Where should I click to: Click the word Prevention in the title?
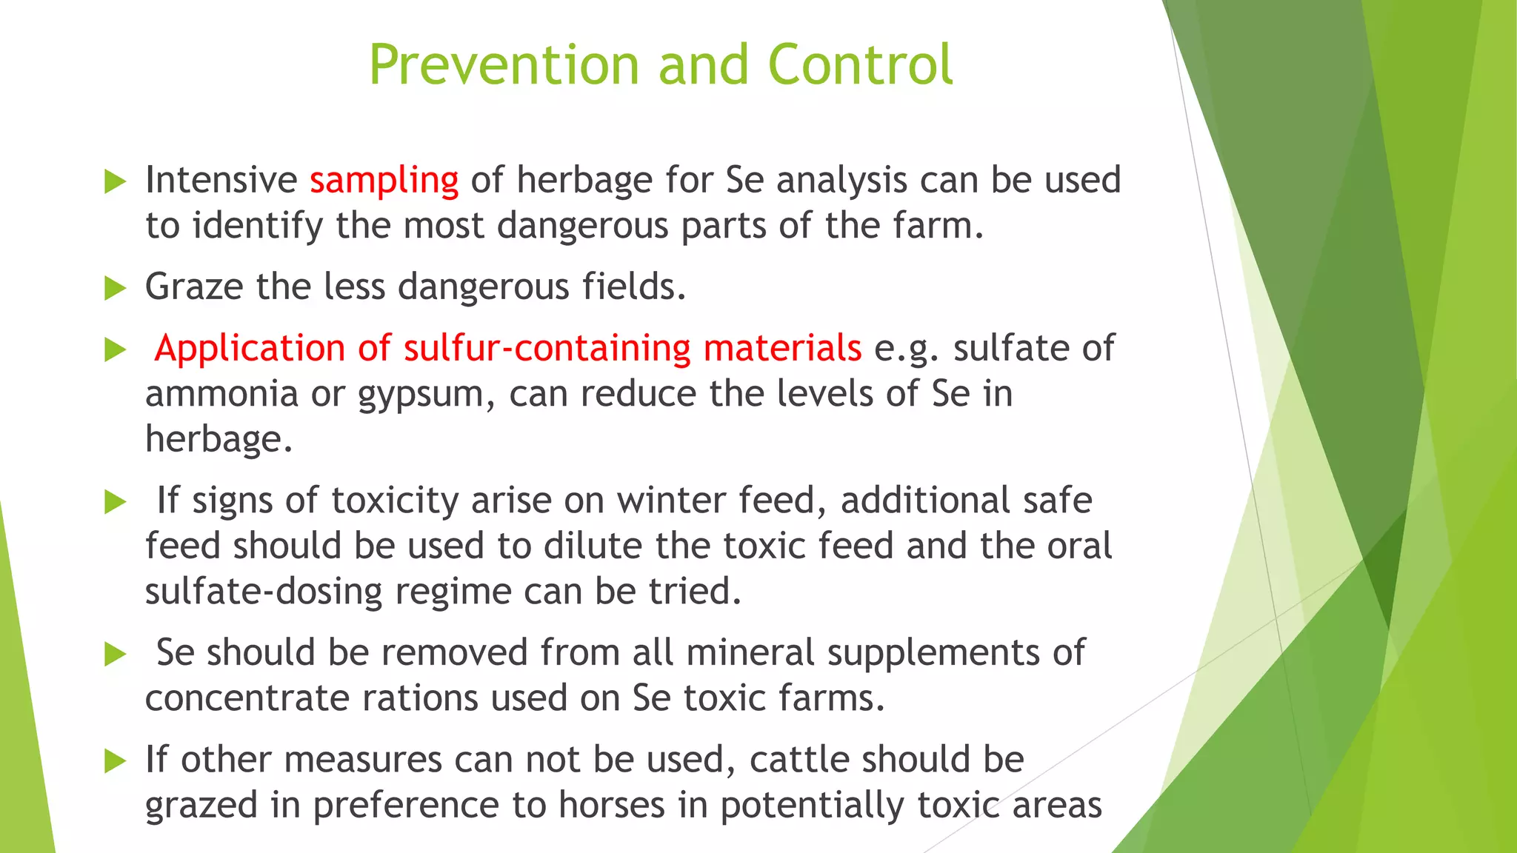pyautogui.click(x=504, y=65)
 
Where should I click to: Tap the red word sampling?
pyautogui.click(x=384, y=180)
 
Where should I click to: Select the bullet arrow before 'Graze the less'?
pyautogui.click(x=116, y=288)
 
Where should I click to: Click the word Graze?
pyautogui.click(x=193, y=287)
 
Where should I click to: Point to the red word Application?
pyautogui.click(x=250, y=349)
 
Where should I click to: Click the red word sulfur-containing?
pyautogui.click(x=547, y=348)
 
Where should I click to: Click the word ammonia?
pyautogui.click(x=221, y=393)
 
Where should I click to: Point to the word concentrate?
pyautogui.click(x=247, y=698)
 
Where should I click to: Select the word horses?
pyautogui.click(x=611, y=805)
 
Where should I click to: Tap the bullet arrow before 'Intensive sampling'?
pyautogui.click(x=116, y=181)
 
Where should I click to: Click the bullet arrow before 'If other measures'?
pyautogui.click(x=116, y=760)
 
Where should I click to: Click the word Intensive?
pyautogui.click(x=221, y=180)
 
